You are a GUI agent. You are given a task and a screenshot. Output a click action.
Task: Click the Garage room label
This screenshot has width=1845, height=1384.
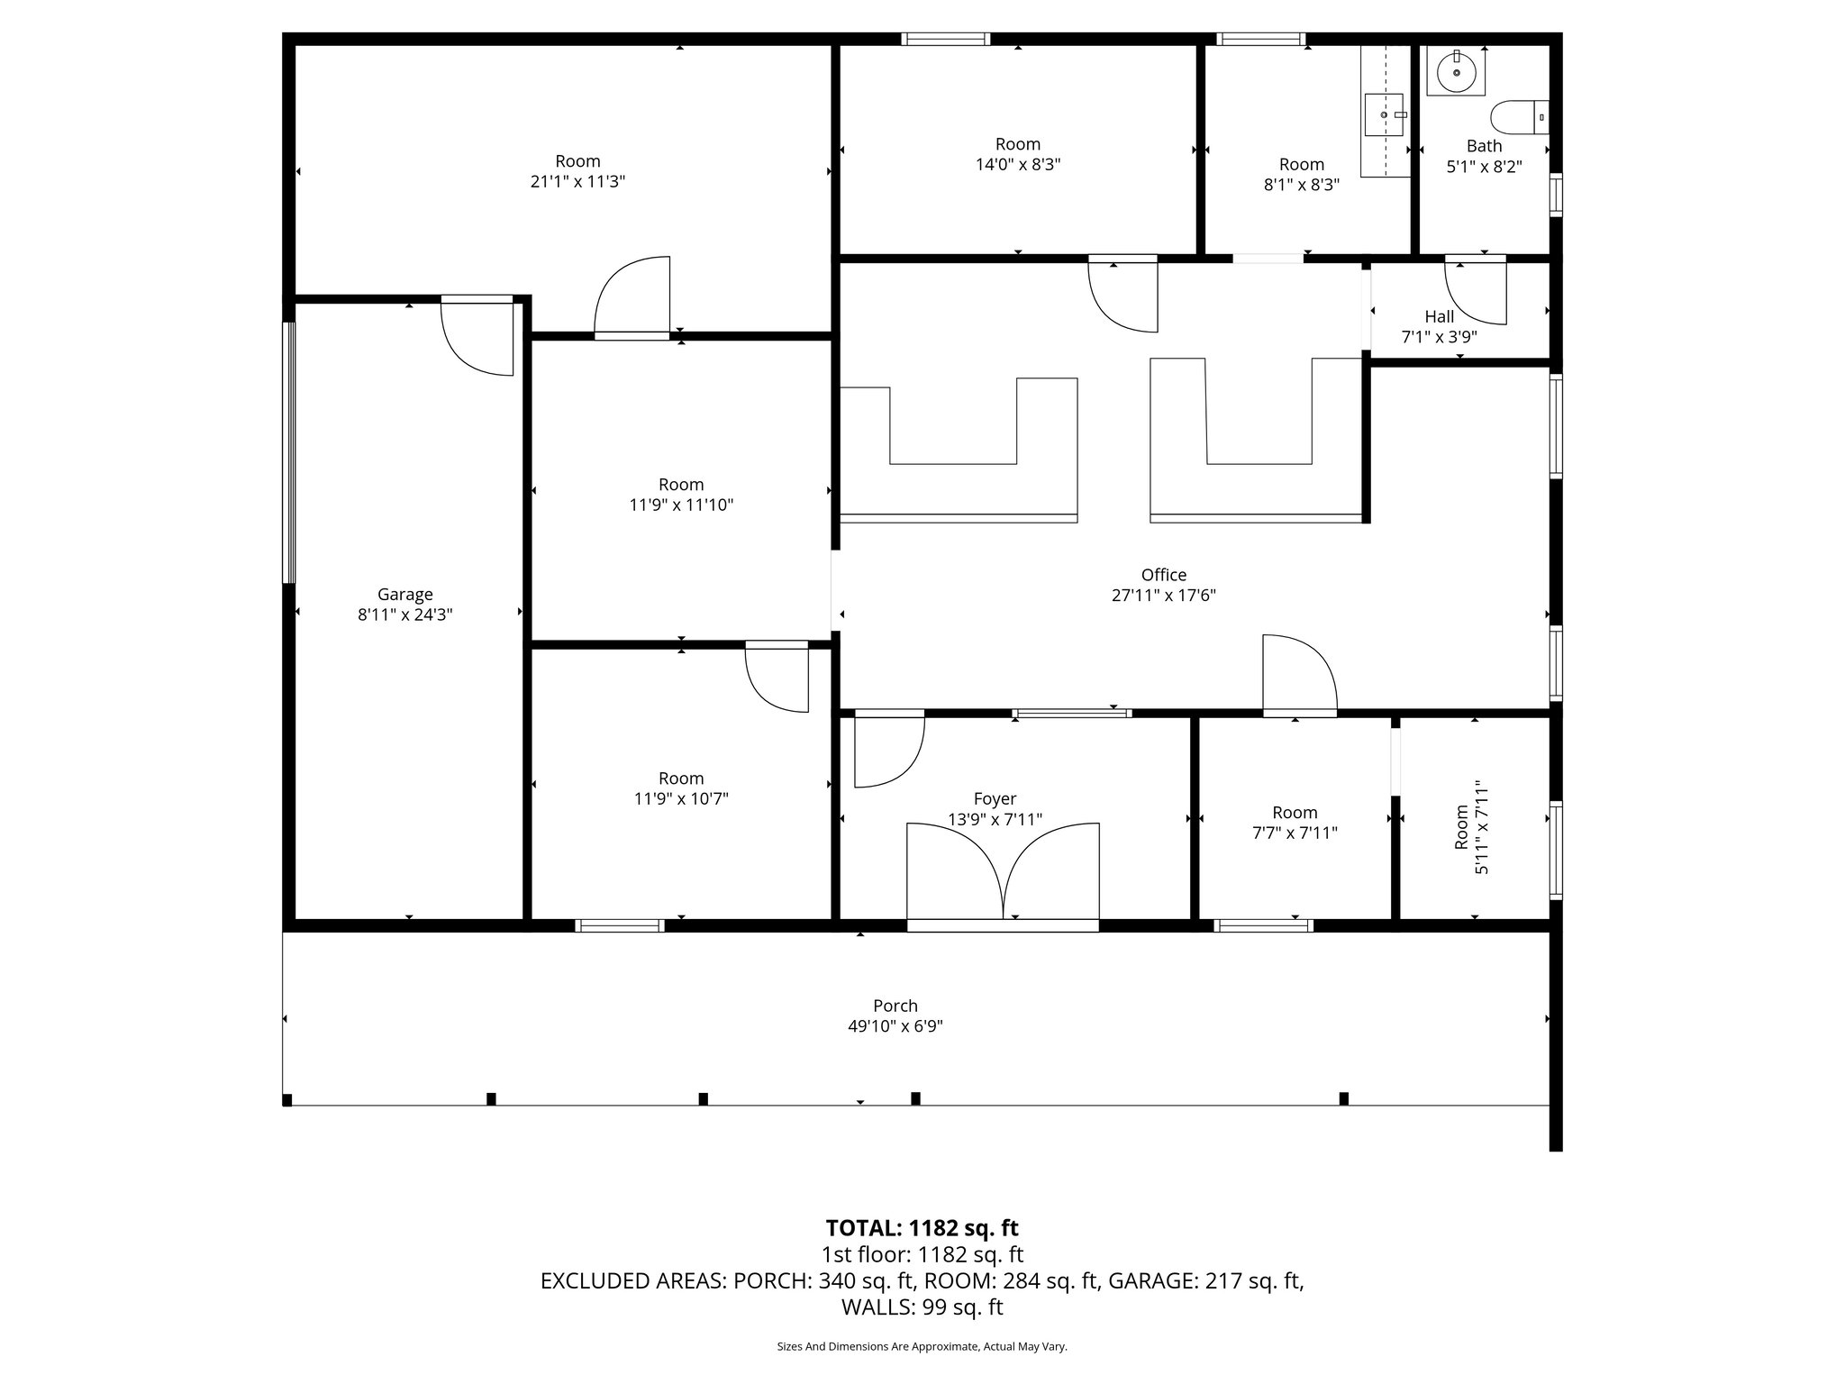(x=404, y=595)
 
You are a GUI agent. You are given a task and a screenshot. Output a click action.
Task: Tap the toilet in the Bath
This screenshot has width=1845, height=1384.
(x=1520, y=117)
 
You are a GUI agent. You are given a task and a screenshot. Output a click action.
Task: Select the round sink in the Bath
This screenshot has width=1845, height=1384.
(x=1456, y=72)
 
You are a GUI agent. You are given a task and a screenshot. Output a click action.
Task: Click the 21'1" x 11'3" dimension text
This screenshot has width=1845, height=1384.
(x=577, y=182)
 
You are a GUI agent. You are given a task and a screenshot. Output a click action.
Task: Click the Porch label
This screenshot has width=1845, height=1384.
(x=895, y=1006)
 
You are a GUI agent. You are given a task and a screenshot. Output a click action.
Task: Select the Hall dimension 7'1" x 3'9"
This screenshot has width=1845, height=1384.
(x=1439, y=338)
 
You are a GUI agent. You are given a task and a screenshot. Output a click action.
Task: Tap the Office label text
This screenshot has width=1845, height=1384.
(x=1163, y=575)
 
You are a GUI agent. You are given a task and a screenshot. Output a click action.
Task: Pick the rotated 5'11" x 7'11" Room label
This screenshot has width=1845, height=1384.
(x=1471, y=828)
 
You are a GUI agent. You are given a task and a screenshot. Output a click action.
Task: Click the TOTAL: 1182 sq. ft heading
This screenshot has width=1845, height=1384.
(x=922, y=1228)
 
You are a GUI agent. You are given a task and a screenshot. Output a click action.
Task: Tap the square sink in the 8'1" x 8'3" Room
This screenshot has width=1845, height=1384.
(x=1384, y=114)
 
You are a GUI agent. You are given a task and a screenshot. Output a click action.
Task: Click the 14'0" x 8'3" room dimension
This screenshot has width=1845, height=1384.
(x=1018, y=165)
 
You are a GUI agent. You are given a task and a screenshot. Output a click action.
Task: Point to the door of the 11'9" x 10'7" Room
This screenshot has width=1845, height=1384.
(x=777, y=678)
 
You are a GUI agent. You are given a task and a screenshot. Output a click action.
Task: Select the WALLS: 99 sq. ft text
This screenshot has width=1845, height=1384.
(x=922, y=1307)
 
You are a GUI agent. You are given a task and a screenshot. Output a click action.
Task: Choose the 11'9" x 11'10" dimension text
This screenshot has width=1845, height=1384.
(x=681, y=505)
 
